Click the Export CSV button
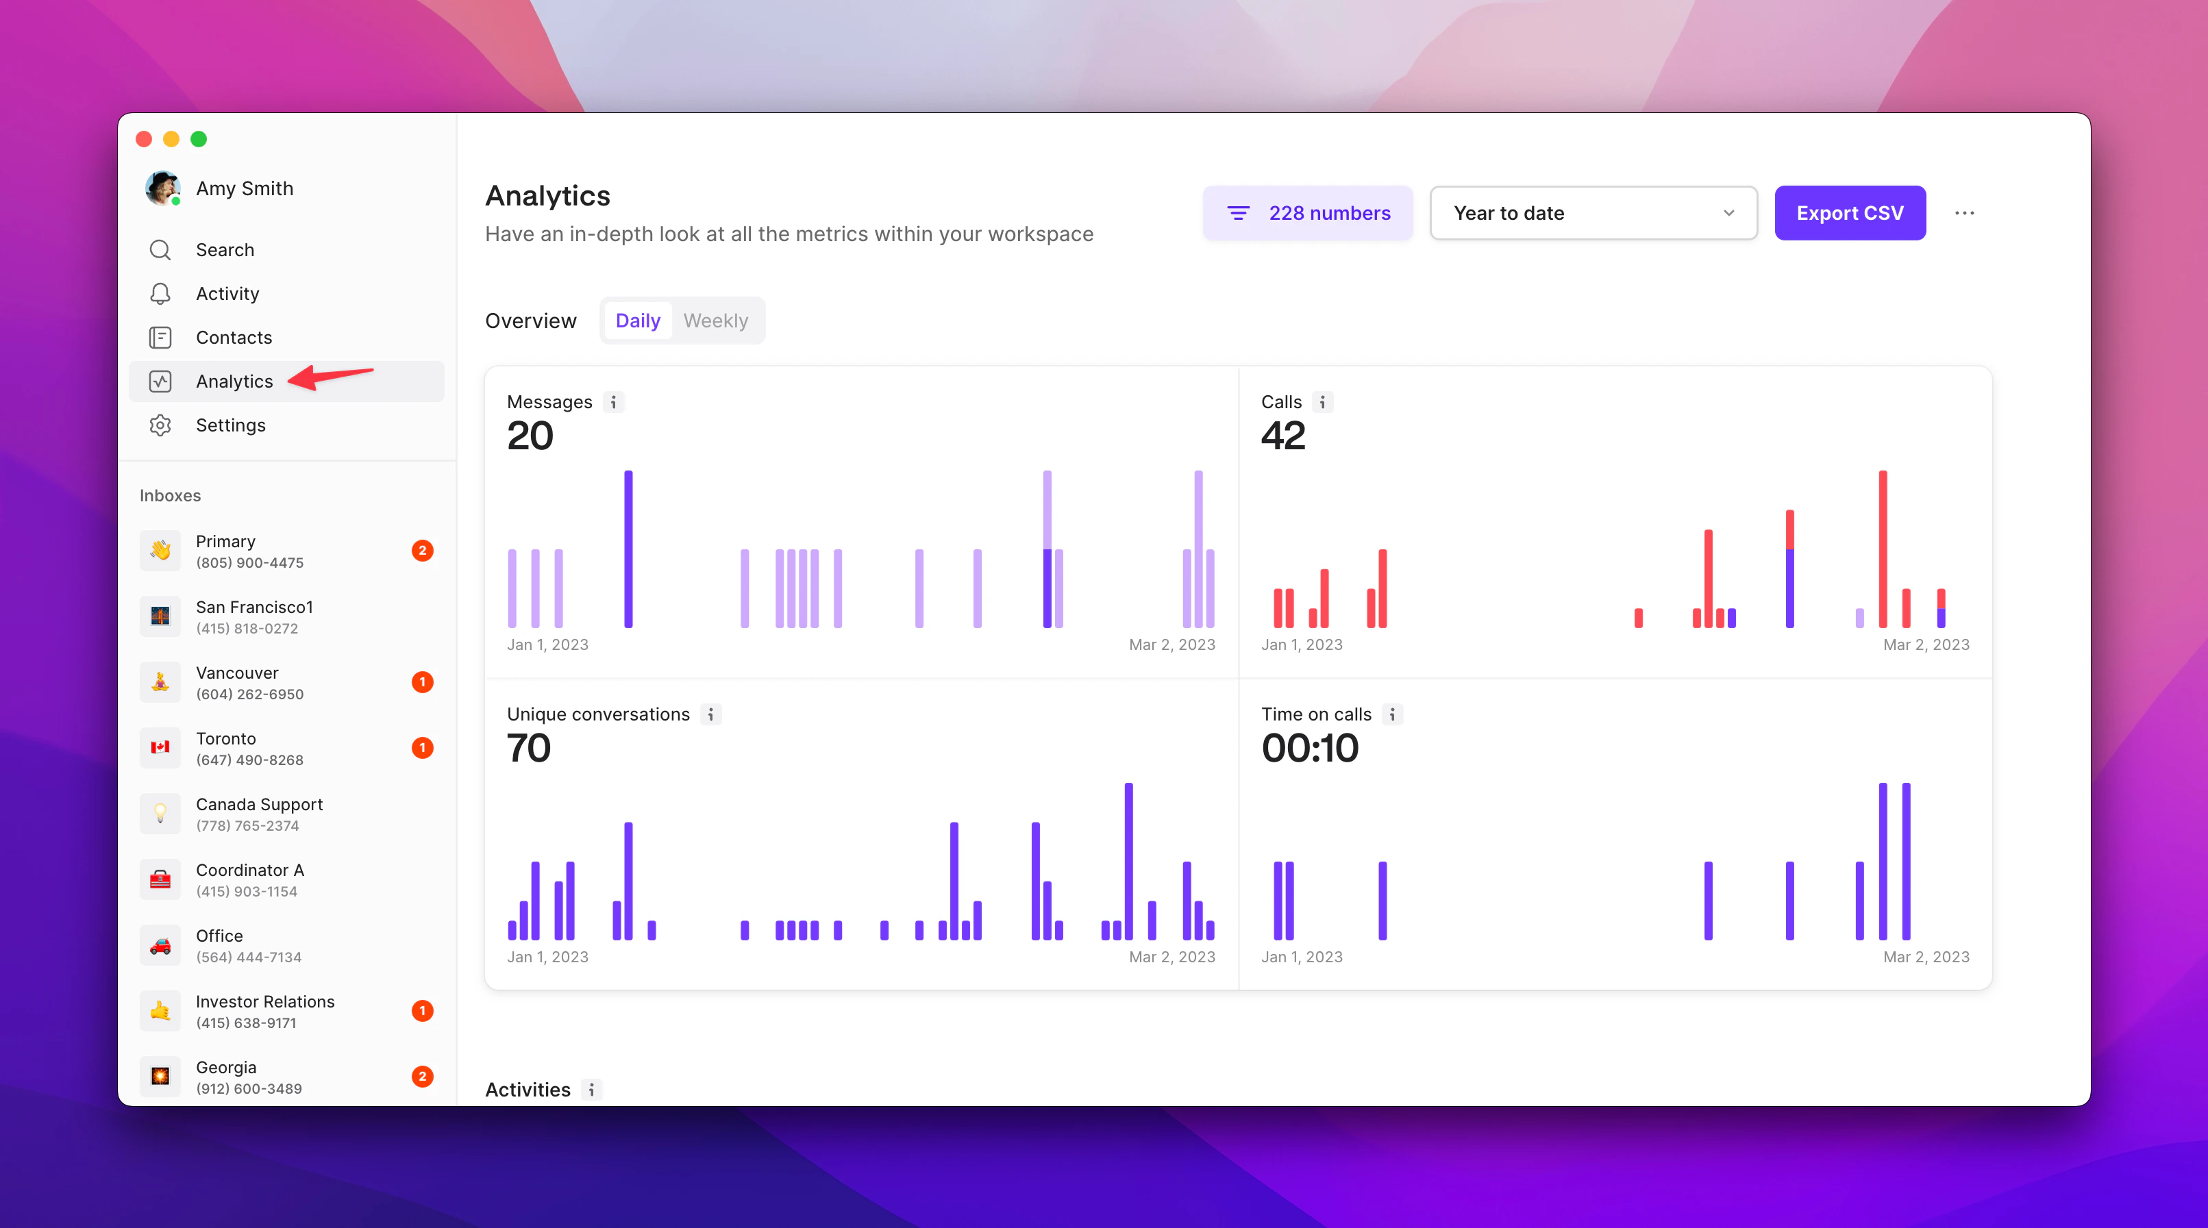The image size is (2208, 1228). (1849, 214)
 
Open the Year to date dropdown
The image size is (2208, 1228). (1593, 214)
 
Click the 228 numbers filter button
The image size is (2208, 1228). (1307, 214)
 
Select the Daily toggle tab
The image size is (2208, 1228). (637, 321)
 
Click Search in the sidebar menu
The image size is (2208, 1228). (225, 249)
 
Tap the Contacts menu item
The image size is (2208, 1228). (233, 338)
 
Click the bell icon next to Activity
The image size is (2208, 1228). (160, 294)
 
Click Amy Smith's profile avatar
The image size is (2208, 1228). (162, 188)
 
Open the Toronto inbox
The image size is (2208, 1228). (249, 748)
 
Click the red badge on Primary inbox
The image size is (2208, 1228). (422, 550)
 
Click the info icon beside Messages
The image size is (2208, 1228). (613, 402)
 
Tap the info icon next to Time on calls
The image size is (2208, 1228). (1392, 714)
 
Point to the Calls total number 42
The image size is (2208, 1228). (1282, 436)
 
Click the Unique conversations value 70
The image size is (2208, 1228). (528, 747)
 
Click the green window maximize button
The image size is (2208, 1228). (198, 139)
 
